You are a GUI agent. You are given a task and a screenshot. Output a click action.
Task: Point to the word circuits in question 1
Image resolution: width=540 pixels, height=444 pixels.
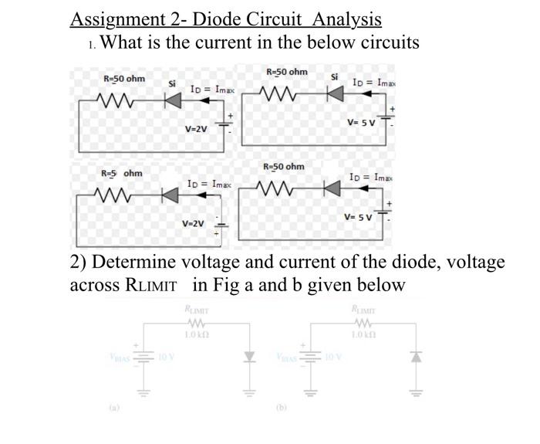[x=379, y=42]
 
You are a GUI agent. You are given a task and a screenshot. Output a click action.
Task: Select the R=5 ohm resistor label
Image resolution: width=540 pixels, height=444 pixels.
[x=122, y=173]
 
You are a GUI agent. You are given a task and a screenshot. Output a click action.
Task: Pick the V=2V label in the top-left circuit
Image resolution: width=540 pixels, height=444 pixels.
[x=196, y=129]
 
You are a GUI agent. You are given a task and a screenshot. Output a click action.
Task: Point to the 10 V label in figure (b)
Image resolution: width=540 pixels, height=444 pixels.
[x=334, y=357]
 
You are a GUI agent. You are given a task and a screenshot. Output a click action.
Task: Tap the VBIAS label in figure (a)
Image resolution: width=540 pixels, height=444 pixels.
[x=120, y=357]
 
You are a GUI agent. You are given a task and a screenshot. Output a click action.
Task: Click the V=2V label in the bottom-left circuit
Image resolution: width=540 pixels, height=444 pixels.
[x=193, y=223]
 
